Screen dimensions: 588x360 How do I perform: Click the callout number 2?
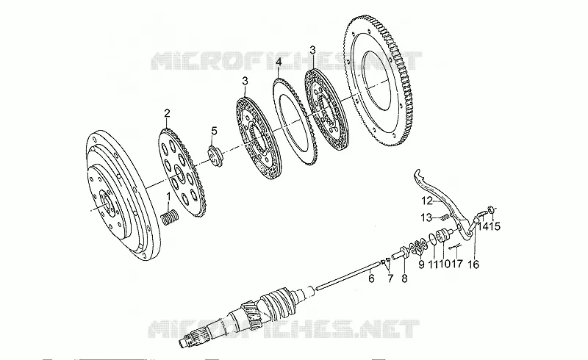coord(168,113)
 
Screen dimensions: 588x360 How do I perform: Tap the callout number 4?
coord(279,62)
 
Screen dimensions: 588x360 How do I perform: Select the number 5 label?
coord(214,131)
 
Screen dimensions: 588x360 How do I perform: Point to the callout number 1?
coord(169,195)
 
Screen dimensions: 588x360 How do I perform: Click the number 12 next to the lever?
coord(427,201)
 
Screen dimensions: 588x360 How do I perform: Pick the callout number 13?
coord(426,217)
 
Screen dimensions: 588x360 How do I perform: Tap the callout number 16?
coord(473,264)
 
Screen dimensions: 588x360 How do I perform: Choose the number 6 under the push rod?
coord(371,278)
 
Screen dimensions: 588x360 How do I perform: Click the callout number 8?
coord(404,278)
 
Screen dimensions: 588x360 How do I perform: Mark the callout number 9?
coord(421,264)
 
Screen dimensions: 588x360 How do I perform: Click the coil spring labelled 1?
coord(170,218)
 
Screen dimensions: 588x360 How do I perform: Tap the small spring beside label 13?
coord(445,217)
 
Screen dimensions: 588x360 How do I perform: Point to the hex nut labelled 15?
coord(490,209)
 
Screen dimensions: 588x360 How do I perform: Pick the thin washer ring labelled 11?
coord(432,240)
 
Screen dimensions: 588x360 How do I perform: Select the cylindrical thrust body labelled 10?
coord(444,237)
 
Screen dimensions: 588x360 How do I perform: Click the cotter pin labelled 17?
coord(454,247)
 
